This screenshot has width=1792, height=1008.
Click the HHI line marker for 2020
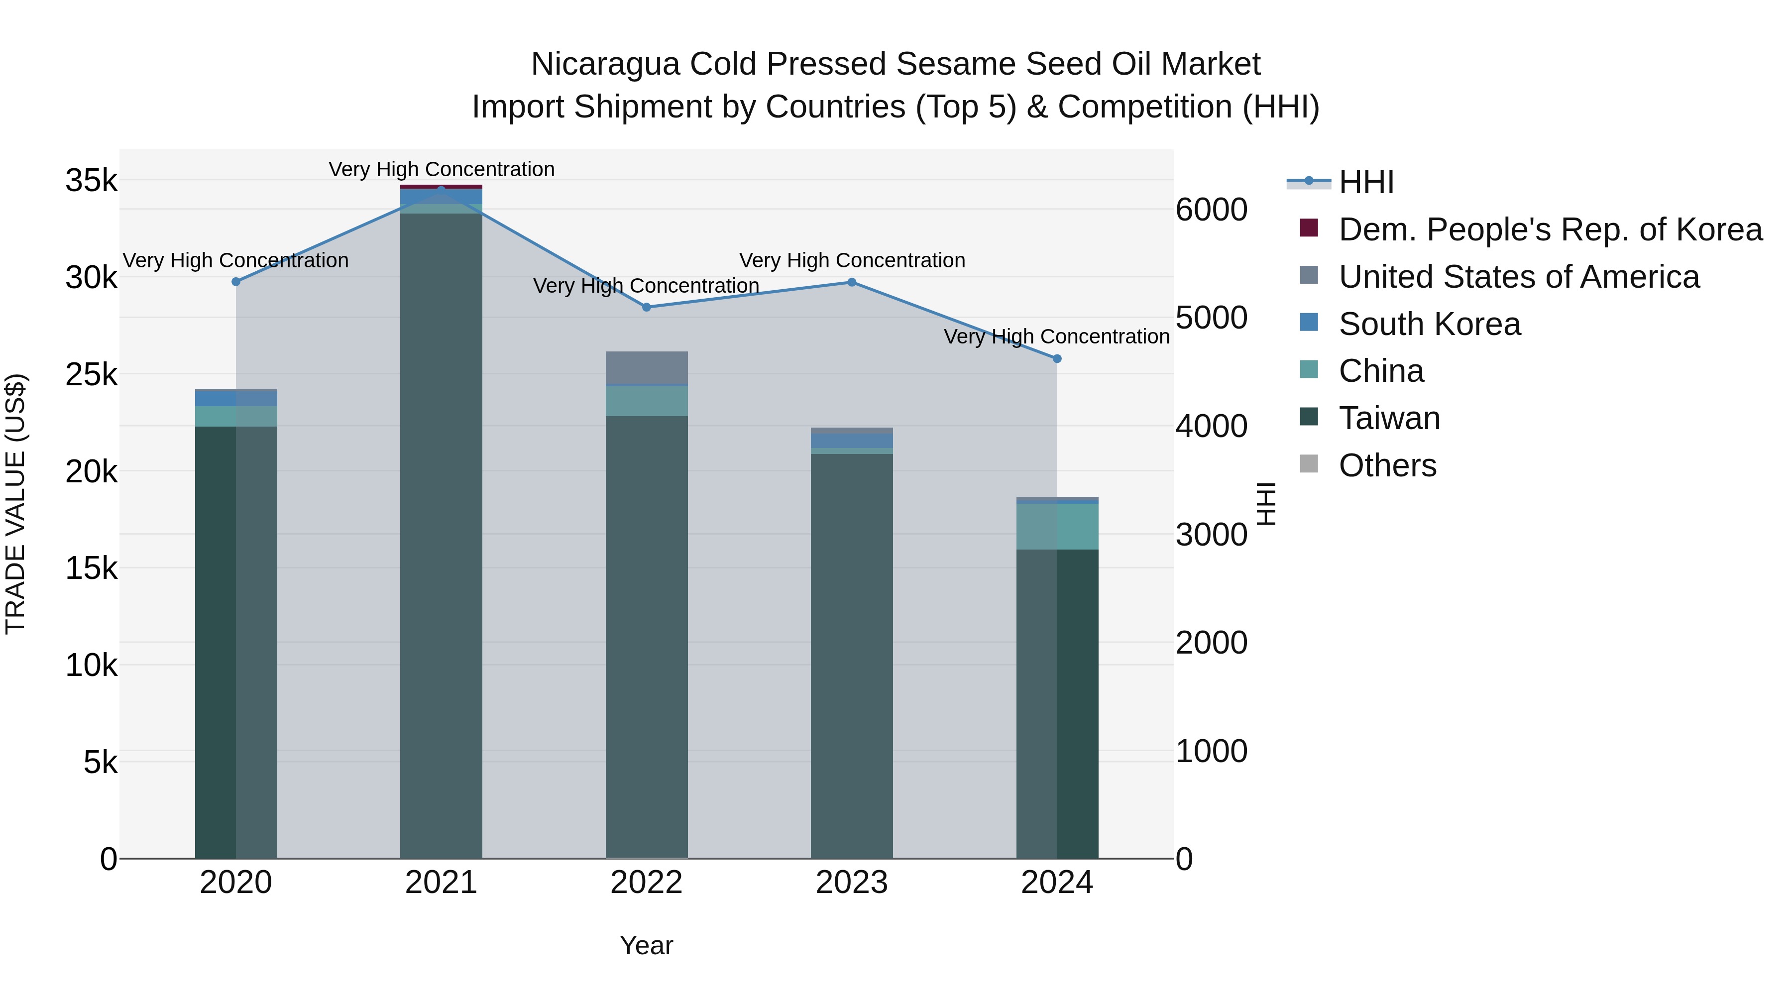coord(236,282)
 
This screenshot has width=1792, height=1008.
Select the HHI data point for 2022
coord(646,307)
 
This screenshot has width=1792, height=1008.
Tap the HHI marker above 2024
coord(1057,359)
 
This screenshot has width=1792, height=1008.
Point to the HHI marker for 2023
coord(852,282)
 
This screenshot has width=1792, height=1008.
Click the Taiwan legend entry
coord(1389,419)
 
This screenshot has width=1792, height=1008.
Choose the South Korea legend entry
coord(1430,324)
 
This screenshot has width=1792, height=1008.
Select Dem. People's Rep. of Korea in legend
coord(1550,229)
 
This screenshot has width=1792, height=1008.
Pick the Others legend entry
coord(1387,466)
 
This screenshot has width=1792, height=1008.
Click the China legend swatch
coord(1309,371)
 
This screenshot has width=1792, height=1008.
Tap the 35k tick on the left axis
coord(91,181)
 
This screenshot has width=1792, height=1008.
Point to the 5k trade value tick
coord(100,763)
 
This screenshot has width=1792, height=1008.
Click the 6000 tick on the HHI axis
coord(1211,210)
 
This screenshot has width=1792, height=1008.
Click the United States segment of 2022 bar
coord(646,367)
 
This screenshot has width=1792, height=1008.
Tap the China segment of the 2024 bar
coord(1057,527)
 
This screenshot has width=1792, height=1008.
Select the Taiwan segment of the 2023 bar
coord(852,654)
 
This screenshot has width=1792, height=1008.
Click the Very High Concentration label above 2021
coord(441,169)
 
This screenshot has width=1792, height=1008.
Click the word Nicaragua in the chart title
coord(604,64)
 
